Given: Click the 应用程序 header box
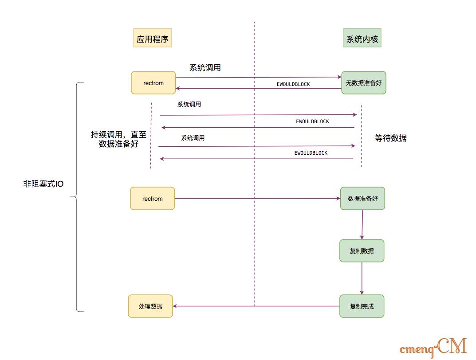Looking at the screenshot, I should coord(153,39).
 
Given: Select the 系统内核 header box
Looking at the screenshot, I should coord(362,39).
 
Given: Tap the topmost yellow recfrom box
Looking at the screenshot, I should coord(153,83).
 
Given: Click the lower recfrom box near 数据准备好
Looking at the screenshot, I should coord(153,199).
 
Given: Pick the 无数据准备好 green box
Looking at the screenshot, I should coord(364,83).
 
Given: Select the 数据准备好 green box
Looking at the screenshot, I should coord(362,199).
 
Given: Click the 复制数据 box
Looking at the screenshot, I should coord(362,251).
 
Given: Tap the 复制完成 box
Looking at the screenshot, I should coord(362,306).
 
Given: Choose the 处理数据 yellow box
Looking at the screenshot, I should coord(150,306).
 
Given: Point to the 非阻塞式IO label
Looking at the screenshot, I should coord(43,184).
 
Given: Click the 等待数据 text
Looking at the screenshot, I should coord(390,138).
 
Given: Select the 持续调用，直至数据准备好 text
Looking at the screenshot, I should coord(118,139).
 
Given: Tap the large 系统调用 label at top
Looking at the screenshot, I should coord(205,68).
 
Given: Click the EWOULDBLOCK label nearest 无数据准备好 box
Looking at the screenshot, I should coord(293,84).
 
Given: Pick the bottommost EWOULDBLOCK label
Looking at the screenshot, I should coord(311,153).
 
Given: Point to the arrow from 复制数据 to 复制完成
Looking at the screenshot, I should coord(362,278).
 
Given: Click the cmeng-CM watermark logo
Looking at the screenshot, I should coord(433,347).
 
